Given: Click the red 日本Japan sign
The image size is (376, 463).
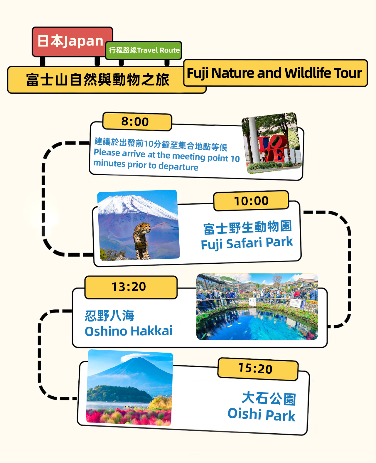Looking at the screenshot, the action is (72, 42).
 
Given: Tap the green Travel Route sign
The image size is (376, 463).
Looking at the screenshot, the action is (144, 50).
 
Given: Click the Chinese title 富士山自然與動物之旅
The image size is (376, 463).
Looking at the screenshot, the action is (97, 80).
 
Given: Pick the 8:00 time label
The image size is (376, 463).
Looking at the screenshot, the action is (137, 121).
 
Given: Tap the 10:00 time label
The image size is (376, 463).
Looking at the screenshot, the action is (251, 201).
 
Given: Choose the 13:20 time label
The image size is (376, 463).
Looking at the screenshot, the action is (131, 287).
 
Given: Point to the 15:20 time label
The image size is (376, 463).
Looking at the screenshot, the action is (258, 369).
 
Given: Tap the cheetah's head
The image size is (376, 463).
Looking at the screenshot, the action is (146, 228).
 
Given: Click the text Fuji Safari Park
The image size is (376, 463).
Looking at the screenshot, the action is (247, 243).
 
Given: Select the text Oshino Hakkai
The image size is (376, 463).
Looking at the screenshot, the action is (129, 331).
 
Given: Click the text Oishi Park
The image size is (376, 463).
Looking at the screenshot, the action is (262, 414).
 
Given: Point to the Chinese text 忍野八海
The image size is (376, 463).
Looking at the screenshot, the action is (109, 316).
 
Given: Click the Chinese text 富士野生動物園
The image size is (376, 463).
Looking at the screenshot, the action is (247, 227).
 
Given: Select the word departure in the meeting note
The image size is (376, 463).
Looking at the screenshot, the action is (178, 166).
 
